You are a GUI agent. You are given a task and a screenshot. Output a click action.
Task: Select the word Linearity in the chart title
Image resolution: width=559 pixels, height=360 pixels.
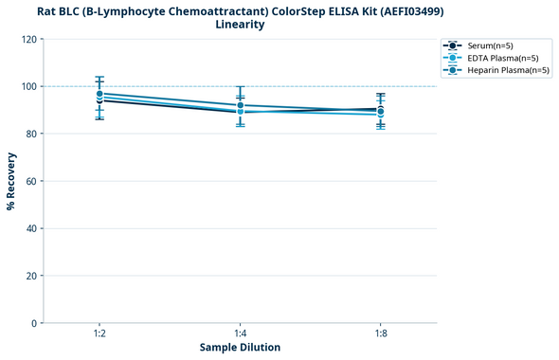240,25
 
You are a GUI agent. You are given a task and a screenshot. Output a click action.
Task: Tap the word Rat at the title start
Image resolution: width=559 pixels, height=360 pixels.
46,10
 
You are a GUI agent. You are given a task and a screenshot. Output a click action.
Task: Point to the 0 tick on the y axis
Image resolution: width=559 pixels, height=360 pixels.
34,323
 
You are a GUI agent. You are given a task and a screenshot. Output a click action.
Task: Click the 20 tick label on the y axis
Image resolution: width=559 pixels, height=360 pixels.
31,276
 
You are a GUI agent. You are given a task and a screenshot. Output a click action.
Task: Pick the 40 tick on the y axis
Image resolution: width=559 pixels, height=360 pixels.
31,228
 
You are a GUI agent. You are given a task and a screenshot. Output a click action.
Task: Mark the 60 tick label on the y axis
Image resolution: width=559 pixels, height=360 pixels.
31,181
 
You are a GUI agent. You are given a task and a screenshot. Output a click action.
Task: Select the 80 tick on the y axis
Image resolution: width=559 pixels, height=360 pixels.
31,134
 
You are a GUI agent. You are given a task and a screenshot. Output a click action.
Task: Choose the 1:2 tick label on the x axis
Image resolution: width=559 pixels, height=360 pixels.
99,333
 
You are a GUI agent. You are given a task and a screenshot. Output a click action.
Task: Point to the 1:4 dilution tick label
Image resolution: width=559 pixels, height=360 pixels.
240,333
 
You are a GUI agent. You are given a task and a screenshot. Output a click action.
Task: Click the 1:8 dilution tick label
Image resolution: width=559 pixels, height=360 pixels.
381,333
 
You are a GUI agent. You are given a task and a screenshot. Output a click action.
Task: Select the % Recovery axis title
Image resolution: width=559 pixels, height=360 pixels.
11,181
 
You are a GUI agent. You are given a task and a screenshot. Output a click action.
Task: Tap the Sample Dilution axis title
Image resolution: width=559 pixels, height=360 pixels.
240,348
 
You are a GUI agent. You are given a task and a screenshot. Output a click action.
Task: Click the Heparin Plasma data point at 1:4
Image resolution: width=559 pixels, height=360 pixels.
240,105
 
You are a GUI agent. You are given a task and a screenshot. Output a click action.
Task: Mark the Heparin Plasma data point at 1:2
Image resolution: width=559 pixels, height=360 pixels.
99,94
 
